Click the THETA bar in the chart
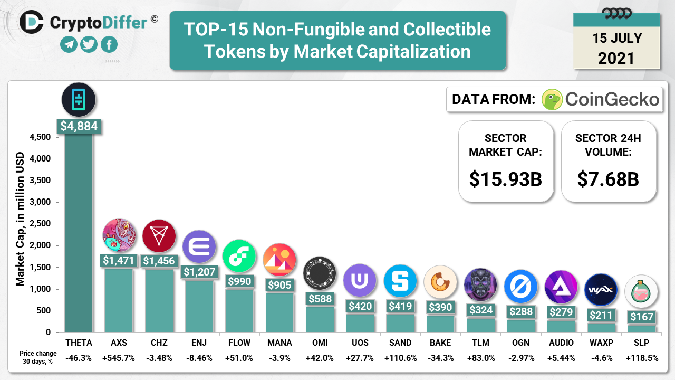point(79,232)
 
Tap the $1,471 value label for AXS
point(119,260)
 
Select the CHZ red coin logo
point(159,235)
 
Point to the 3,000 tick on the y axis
point(40,202)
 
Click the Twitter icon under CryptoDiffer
point(89,44)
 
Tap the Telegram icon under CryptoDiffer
point(69,44)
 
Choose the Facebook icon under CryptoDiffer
point(109,44)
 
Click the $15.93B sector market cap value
point(506,179)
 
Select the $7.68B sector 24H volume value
point(608,179)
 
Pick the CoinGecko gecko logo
point(552,99)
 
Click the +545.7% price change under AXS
point(119,358)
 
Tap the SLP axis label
point(641,343)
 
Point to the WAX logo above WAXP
point(601,290)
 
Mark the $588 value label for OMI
point(320,298)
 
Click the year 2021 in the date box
point(616,58)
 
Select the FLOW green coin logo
point(239,256)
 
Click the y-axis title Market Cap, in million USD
point(21,219)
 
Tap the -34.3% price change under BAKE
point(440,358)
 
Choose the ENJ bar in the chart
point(199,306)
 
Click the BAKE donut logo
point(440,282)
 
